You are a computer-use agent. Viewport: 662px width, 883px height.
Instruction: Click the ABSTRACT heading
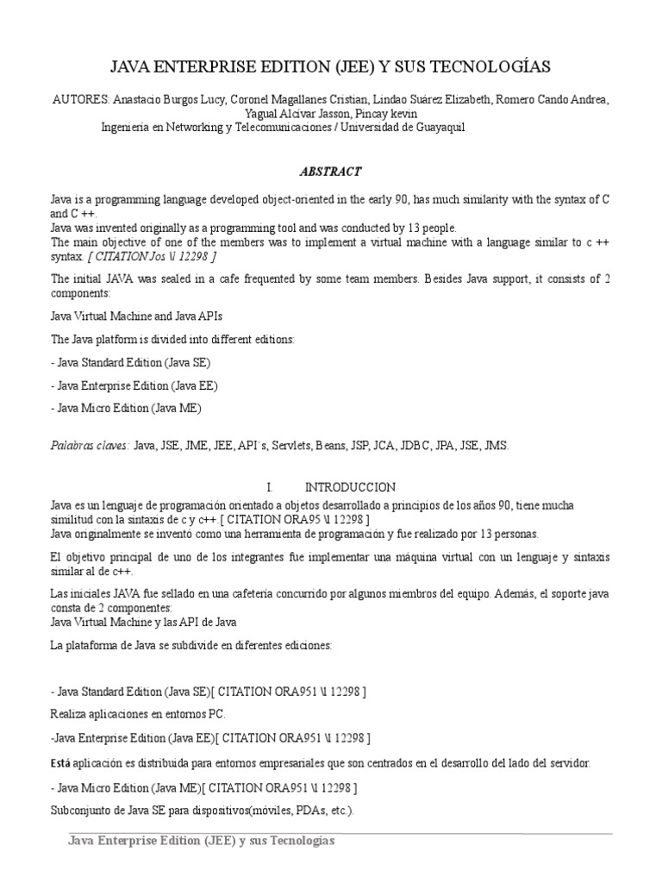330,172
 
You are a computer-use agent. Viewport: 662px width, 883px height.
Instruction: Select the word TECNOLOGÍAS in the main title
496,67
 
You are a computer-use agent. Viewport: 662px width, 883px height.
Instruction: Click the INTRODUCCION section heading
351,487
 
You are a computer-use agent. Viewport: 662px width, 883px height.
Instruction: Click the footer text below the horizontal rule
201,840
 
